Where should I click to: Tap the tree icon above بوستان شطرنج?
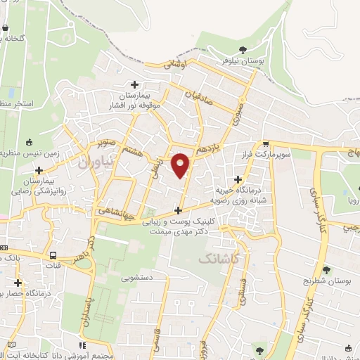[326, 269]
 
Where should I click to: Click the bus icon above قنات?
[53, 255]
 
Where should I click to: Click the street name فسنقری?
[242, 290]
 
